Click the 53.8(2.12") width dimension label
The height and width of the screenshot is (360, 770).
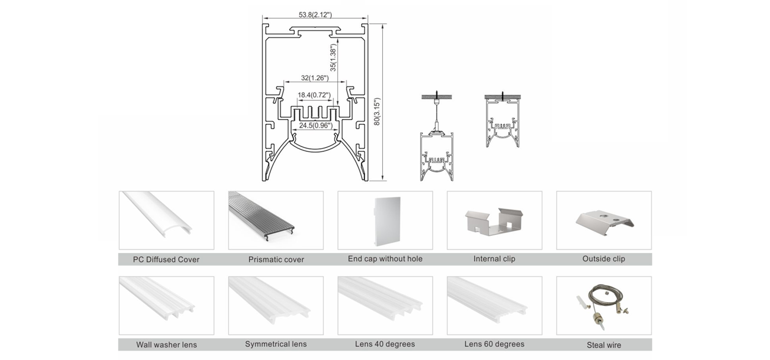point(315,15)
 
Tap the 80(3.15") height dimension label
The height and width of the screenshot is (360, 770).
point(377,111)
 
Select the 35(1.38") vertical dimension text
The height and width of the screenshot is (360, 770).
point(333,57)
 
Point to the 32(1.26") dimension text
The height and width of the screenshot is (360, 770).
point(314,78)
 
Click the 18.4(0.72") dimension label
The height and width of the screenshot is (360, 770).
point(314,95)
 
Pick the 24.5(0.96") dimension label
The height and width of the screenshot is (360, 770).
point(315,125)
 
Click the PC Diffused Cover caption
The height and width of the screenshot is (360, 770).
point(166,259)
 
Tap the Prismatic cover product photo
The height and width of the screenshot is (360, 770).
point(276,221)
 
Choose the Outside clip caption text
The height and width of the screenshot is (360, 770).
point(604,259)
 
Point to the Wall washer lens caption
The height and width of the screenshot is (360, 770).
point(166,345)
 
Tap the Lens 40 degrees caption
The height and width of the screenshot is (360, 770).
point(385,344)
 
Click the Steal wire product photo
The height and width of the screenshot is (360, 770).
point(604,306)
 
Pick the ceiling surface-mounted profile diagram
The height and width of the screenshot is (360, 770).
point(503,121)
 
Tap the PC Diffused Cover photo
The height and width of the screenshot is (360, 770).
point(166,221)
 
